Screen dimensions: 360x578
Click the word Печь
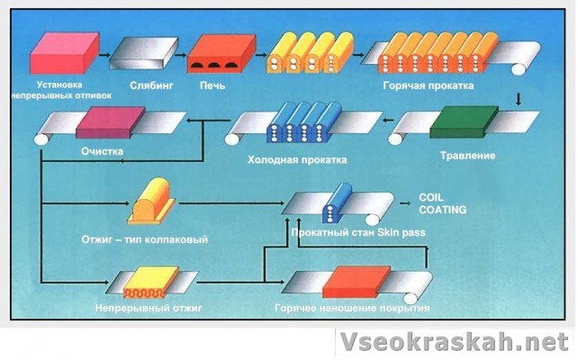click(212, 86)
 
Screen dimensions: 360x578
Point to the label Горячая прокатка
click(441, 86)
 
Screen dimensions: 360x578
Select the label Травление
click(467, 156)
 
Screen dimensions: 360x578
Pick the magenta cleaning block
click(110, 122)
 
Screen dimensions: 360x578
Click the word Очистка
click(101, 151)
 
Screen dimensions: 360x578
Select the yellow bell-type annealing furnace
click(152, 202)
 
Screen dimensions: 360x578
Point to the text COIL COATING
click(442, 203)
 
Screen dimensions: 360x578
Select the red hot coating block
click(360, 281)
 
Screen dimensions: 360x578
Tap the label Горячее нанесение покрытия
click(352, 309)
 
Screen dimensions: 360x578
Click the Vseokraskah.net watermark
click(455, 343)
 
